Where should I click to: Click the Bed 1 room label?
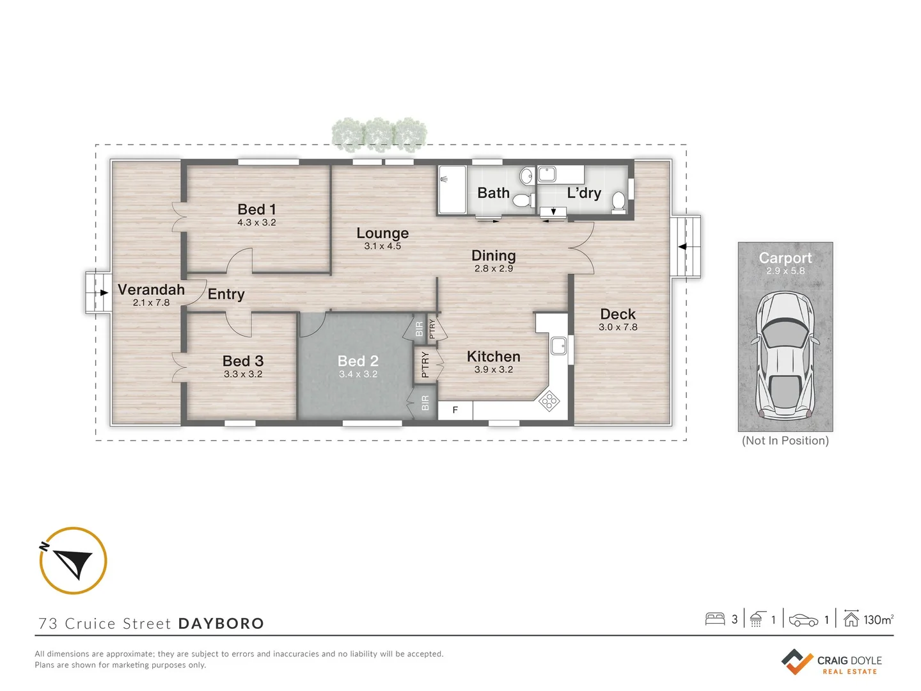click(256, 209)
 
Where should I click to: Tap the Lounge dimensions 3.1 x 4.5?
click(382, 246)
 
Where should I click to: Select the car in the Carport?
click(785, 356)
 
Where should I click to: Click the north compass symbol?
click(73, 561)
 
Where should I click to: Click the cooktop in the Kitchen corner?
click(549, 401)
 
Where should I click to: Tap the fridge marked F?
click(455, 410)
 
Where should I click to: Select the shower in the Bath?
click(452, 190)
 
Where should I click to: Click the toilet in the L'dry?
click(618, 201)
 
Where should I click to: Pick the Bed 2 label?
click(358, 361)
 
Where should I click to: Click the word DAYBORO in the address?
click(221, 624)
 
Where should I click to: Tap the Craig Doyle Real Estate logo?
click(831, 662)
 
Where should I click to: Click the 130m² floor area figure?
click(878, 619)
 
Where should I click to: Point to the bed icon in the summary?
click(714, 619)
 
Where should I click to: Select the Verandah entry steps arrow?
click(102, 292)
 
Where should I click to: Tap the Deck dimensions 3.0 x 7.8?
click(618, 327)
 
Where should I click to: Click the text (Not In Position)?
click(785, 441)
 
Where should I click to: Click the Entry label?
click(226, 294)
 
